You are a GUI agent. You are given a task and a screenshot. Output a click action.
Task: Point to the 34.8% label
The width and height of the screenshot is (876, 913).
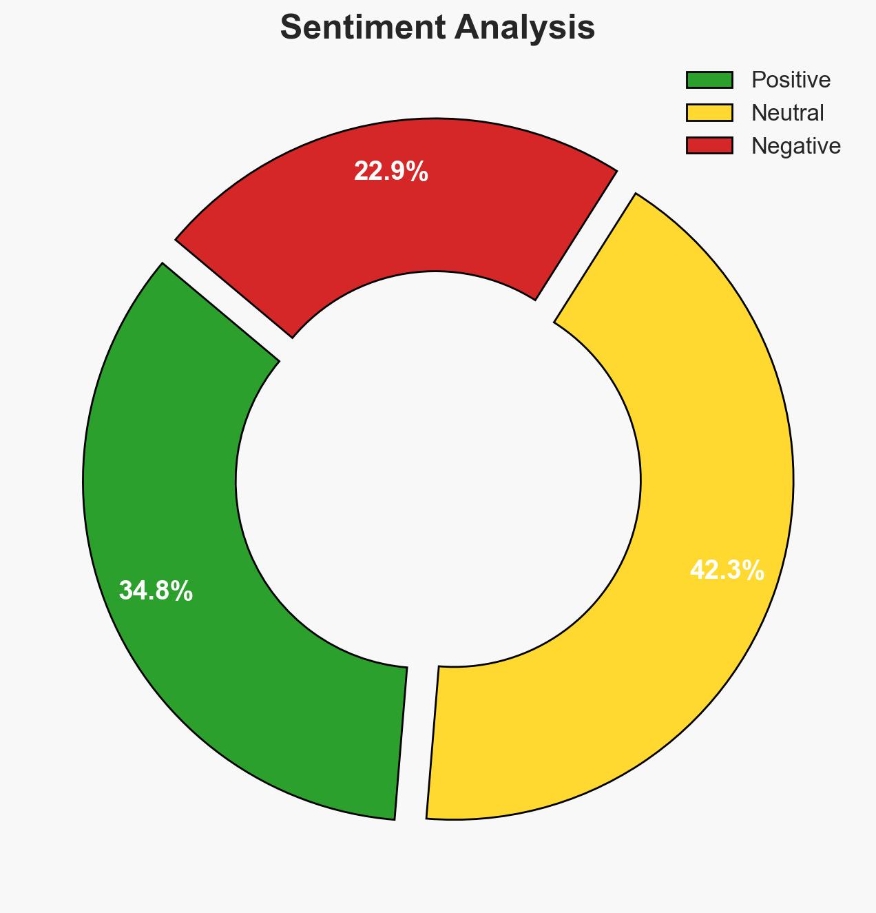(x=156, y=591)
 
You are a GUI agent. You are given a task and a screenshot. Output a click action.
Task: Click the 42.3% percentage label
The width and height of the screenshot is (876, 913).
(x=727, y=571)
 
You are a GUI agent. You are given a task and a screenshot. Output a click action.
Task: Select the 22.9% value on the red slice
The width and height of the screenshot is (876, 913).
(x=390, y=172)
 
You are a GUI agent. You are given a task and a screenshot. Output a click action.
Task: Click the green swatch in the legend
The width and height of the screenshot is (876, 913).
(x=709, y=80)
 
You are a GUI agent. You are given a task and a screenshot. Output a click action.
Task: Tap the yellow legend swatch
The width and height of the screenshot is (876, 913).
(x=709, y=112)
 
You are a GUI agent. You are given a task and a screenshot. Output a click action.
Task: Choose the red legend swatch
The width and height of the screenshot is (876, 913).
(x=709, y=145)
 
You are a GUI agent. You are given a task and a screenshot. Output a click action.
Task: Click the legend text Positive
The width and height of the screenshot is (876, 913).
(x=791, y=80)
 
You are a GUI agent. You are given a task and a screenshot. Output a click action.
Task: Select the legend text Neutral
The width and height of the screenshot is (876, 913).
(x=787, y=112)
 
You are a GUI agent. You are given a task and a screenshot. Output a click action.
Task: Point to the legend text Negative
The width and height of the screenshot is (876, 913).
(x=795, y=145)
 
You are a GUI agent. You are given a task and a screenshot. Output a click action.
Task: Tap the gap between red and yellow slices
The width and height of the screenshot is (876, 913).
(x=585, y=248)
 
